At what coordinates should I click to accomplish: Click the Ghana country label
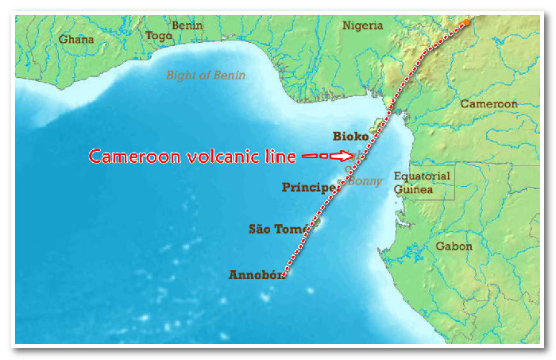click(x=75, y=37)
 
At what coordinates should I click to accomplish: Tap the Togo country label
click(x=159, y=36)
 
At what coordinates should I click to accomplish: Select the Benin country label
click(x=187, y=25)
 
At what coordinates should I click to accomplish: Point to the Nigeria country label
click(x=362, y=25)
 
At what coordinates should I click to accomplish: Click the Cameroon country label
click(x=488, y=104)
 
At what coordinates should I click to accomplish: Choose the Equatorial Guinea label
click(x=422, y=183)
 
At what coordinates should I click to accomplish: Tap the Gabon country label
click(x=454, y=246)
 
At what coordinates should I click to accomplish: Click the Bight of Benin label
click(x=206, y=75)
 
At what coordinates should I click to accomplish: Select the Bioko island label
click(x=350, y=137)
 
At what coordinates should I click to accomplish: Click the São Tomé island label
click(x=276, y=229)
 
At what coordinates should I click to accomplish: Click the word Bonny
click(x=365, y=181)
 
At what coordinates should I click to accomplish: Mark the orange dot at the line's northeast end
click(x=466, y=22)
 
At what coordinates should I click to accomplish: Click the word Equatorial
click(x=422, y=176)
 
